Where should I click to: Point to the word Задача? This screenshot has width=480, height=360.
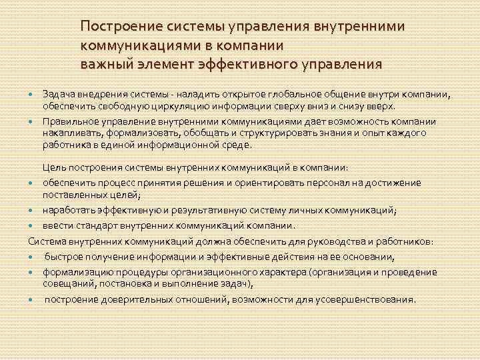coord(58,94)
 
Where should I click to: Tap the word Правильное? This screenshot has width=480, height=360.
coord(69,121)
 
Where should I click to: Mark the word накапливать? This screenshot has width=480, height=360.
coord(69,133)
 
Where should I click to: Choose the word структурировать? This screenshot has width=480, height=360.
coord(263,133)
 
